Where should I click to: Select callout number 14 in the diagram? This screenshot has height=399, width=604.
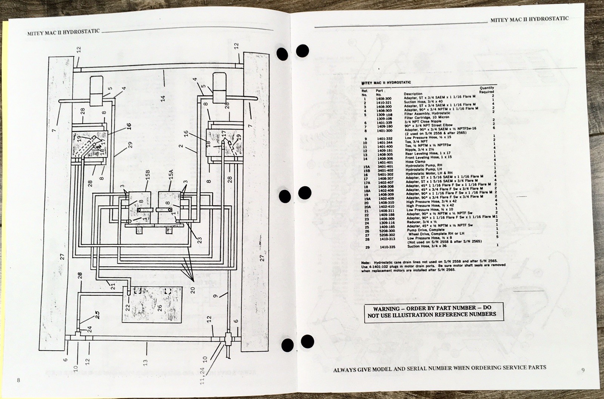coord(163,99)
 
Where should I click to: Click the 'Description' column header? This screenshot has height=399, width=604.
coord(413,94)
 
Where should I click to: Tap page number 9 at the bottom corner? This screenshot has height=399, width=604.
coord(583,370)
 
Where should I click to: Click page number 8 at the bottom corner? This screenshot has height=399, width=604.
coord(18,380)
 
